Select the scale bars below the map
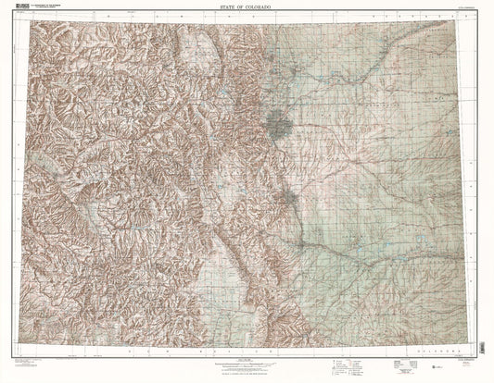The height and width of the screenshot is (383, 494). click(247, 361)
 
